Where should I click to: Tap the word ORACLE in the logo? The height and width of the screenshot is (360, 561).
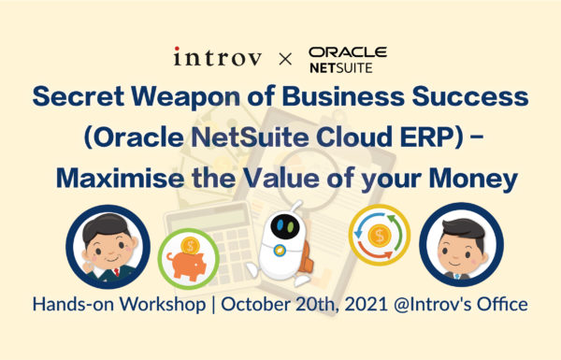click(347, 52)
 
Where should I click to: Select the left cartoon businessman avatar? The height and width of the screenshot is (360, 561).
click(110, 245)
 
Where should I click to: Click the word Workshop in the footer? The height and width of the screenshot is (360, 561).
click(164, 304)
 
